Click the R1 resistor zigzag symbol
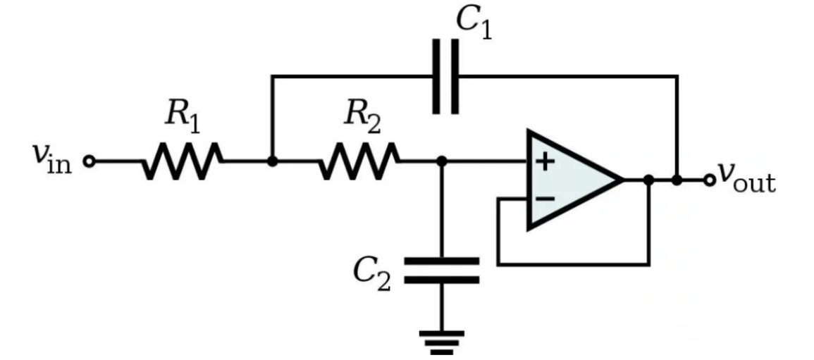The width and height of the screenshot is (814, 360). [183, 162]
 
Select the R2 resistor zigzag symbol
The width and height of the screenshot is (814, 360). [359, 162]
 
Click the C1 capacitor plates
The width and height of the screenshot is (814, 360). [445, 75]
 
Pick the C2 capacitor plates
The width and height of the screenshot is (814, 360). [442, 270]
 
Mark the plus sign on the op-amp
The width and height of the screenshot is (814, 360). [544, 162]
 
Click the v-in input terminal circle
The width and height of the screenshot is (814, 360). [89, 162]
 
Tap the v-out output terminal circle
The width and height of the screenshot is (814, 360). [709, 180]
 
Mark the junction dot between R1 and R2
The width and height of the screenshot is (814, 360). [273, 162]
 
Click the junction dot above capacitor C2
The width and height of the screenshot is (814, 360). [442, 162]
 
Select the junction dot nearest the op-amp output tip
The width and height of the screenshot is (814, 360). [648, 180]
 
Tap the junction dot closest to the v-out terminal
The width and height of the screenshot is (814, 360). [677, 180]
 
